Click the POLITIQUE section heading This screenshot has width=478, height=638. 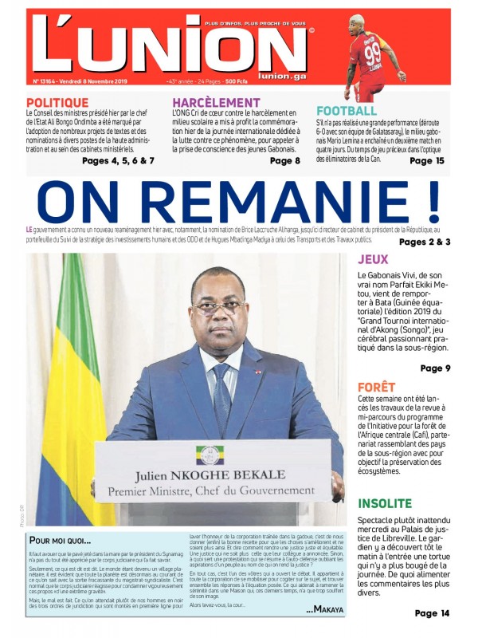click(x=57, y=103)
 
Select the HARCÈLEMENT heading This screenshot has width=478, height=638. click(x=216, y=103)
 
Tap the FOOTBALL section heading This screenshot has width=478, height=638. click(x=347, y=111)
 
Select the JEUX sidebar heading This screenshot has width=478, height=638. click(x=373, y=259)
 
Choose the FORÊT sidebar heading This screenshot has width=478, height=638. click(x=376, y=387)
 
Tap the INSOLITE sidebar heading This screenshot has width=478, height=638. click(x=385, y=504)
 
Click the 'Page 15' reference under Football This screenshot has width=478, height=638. click(x=426, y=160)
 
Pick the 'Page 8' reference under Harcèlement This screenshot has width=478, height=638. click(x=285, y=161)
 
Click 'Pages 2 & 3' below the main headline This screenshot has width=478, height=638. click(x=425, y=242)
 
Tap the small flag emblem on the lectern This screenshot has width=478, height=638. click(x=210, y=455)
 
